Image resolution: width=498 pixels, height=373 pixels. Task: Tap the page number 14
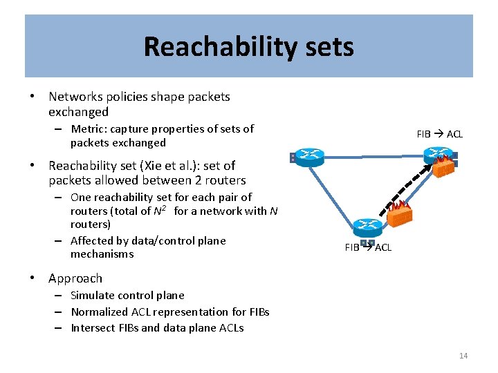pos(463,356)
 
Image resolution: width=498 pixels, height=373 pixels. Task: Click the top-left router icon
pos(306,157)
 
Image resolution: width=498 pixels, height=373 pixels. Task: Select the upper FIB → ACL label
pos(439,134)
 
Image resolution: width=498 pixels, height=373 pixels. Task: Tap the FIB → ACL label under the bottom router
pos(367,247)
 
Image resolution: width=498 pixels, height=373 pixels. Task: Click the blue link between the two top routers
pos(373,156)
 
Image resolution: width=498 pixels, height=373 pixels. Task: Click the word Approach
pos(75,278)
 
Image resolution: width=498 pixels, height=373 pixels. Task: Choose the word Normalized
pos(104,312)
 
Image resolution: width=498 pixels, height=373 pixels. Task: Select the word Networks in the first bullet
pos(76,97)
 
